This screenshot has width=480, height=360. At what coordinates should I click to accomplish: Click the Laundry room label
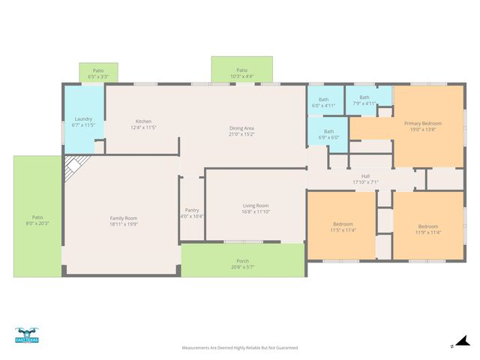(83, 121)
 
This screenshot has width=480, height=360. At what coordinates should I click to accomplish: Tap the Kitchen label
(143, 124)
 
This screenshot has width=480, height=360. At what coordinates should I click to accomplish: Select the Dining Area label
(241, 131)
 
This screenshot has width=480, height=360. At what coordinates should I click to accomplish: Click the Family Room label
(124, 220)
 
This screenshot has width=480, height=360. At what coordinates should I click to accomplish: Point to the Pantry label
(192, 213)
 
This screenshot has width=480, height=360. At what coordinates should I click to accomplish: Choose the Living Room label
(255, 208)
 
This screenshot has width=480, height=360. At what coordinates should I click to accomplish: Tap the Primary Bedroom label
(422, 126)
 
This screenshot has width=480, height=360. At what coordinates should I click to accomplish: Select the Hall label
(365, 179)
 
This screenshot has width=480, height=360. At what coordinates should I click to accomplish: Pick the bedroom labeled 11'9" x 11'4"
(427, 229)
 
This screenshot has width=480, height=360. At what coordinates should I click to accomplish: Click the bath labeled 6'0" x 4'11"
(323, 103)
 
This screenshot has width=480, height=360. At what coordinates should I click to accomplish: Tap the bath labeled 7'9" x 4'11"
(364, 100)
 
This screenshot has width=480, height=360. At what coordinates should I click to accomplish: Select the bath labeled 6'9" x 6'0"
(328, 134)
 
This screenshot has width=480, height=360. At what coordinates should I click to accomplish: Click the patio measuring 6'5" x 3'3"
(98, 73)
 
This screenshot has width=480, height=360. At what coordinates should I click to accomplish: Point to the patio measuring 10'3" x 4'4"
(241, 73)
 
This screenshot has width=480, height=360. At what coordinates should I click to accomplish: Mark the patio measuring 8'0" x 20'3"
(37, 219)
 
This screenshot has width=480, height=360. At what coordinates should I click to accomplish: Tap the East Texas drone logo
(26, 335)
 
